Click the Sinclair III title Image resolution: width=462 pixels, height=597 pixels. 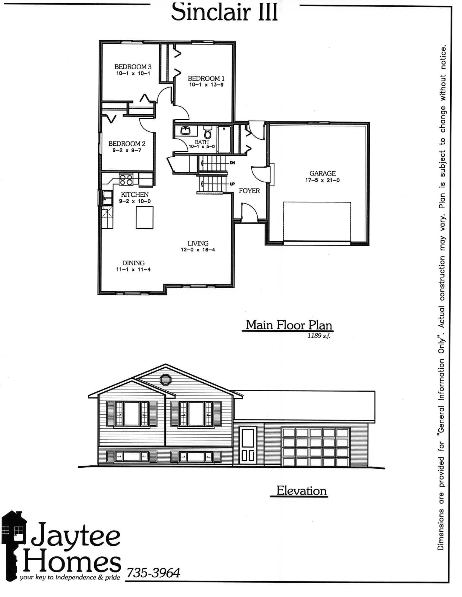(x=224, y=12)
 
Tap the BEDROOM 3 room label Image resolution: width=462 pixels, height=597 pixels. (x=133, y=67)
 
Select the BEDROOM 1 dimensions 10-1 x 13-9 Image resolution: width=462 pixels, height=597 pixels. (x=206, y=85)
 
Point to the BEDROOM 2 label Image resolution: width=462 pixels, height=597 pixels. (x=127, y=144)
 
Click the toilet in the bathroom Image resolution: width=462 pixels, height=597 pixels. (x=207, y=132)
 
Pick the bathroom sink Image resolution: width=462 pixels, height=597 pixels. (x=186, y=130)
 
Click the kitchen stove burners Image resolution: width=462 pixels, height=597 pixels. (x=126, y=180)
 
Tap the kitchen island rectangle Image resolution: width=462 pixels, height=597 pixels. (x=145, y=218)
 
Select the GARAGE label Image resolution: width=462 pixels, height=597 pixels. (x=322, y=173)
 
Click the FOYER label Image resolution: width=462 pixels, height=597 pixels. (x=249, y=191)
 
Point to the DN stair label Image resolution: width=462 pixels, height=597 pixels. (x=232, y=163)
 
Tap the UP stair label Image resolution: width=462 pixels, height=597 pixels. (x=232, y=184)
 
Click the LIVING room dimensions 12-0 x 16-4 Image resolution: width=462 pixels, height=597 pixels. (x=198, y=250)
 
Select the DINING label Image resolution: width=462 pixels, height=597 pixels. (x=133, y=263)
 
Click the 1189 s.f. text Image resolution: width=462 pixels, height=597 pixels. (x=319, y=336)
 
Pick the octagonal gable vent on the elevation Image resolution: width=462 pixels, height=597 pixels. (x=165, y=380)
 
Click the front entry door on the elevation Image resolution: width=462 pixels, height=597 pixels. (x=248, y=446)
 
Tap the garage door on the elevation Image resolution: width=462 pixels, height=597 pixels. (x=315, y=447)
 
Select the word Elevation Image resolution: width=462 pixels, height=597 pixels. (x=301, y=491)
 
